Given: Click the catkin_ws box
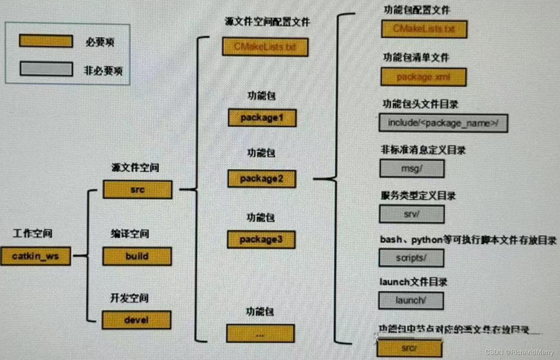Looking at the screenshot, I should [x=36, y=256].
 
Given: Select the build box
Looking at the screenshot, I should [x=137, y=256].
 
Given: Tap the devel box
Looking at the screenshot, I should [x=137, y=320].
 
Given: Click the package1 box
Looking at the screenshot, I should [x=262, y=118].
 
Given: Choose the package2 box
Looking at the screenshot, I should [x=261, y=179].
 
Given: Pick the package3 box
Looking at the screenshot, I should [x=261, y=240].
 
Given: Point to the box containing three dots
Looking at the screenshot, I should [x=260, y=334].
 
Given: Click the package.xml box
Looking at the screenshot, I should [x=423, y=77].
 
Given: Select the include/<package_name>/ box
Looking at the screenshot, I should [x=443, y=123].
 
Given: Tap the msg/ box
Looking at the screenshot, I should [x=412, y=169].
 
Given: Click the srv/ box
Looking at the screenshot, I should [x=412, y=214].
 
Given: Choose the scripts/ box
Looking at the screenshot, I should [x=411, y=258].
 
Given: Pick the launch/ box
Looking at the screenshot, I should [x=411, y=300].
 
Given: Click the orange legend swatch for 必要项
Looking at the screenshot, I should [x=46, y=41].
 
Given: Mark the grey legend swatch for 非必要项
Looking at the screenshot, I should [x=46, y=69].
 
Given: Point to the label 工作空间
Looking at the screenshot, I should [x=32, y=233].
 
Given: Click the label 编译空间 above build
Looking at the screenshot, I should [x=130, y=234].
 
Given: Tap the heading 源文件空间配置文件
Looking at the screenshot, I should [x=267, y=22].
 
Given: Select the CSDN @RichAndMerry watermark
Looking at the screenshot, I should [x=519, y=352].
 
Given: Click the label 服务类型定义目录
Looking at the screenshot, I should [x=418, y=195].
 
